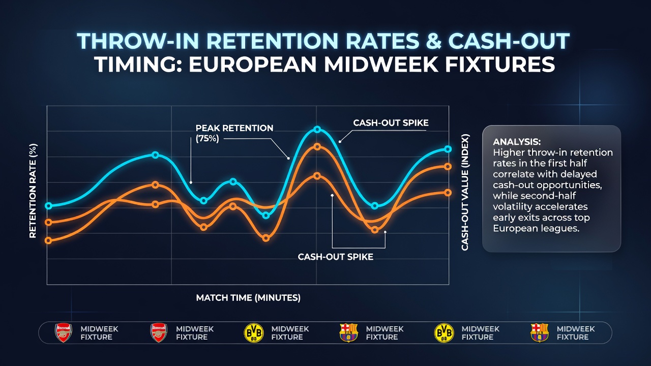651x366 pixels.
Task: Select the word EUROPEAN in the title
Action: [x=253, y=64]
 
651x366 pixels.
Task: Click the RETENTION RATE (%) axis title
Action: [x=33, y=191]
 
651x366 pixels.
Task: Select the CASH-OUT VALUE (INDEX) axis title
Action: [x=465, y=192]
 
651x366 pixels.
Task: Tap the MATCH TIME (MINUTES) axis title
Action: [x=248, y=298]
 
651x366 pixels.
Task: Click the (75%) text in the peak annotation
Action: [x=207, y=139]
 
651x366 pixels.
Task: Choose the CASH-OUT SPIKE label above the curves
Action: [x=391, y=123]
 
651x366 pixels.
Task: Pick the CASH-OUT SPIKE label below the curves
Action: [x=336, y=257]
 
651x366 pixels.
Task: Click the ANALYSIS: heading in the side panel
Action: [x=517, y=142]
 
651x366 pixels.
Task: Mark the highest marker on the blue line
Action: [x=317, y=129]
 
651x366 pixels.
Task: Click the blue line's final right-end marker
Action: [x=448, y=149]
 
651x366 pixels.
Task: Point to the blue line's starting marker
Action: [x=49, y=206]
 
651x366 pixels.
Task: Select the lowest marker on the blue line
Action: [x=265, y=216]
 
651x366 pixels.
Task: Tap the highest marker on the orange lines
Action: [x=317, y=147]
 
